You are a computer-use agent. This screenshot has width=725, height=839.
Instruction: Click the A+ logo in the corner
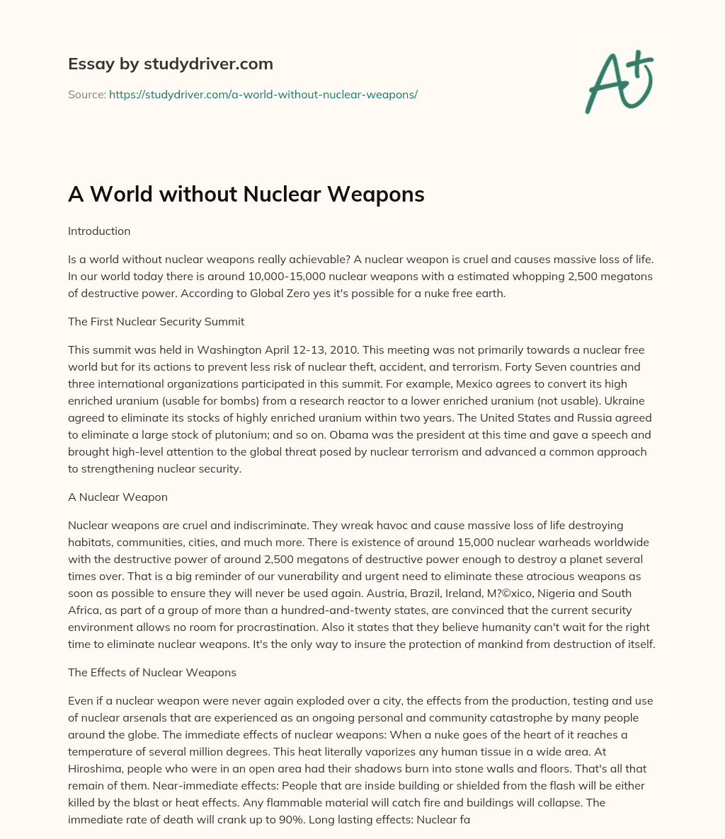click(619, 83)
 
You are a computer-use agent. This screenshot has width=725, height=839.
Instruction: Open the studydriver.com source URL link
click(263, 94)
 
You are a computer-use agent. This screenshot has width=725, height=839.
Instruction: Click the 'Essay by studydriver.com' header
click(170, 64)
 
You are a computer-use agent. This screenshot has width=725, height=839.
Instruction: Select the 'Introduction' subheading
click(99, 231)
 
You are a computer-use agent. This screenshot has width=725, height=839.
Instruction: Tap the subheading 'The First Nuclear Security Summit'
click(156, 321)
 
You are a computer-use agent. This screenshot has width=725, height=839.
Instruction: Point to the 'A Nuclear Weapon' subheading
click(118, 497)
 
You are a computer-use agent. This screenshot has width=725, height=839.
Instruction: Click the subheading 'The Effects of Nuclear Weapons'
click(152, 672)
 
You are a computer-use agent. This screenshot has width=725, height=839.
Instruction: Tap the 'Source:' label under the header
click(86, 94)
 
